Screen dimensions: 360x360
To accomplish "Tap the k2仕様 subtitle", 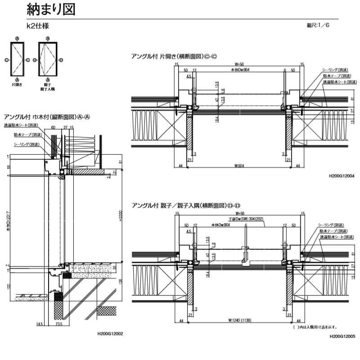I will tap(38, 26).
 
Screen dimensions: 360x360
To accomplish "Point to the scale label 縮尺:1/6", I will tap(318, 25).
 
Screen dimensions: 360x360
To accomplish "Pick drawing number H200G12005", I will tap(342, 336).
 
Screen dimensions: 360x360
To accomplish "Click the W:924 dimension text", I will tap(240, 166).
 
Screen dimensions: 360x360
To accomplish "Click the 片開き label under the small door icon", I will tap(17, 84).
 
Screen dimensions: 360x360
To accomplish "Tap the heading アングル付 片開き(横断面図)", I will tap(174, 56).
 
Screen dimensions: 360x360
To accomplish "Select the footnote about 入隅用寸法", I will tap(315, 328).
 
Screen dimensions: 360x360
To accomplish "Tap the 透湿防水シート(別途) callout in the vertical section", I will tap(21, 126).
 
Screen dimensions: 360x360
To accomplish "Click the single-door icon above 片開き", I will tap(17, 60).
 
